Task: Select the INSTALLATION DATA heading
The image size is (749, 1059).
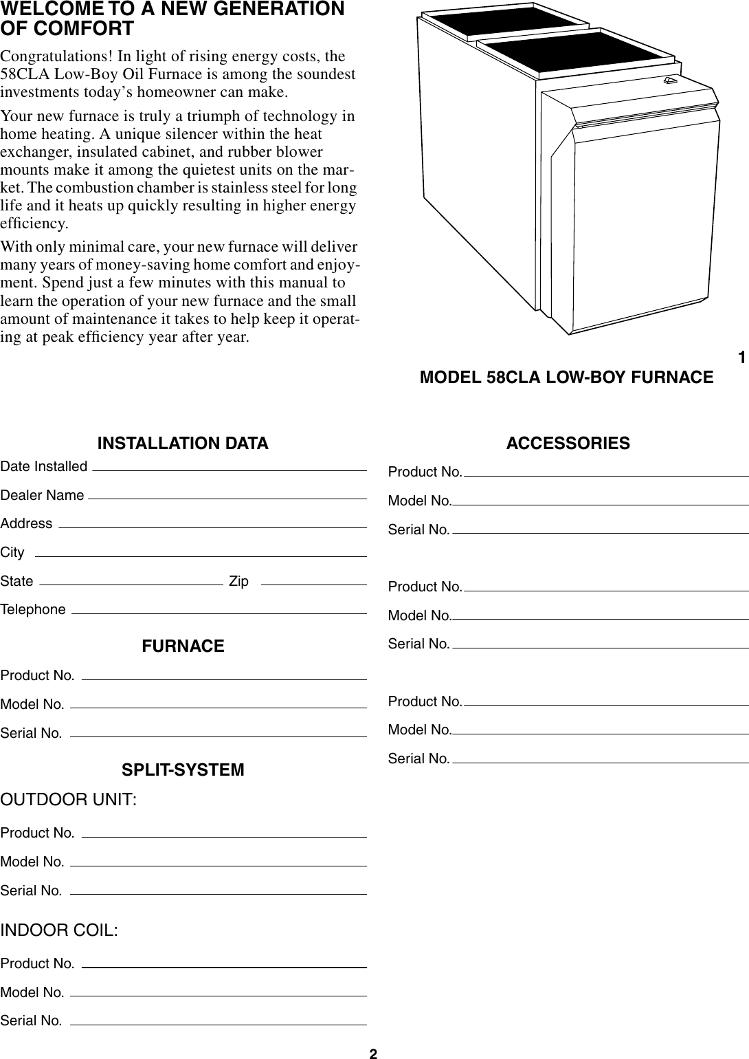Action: tap(183, 444)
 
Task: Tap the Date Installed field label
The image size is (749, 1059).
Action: tap(44, 467)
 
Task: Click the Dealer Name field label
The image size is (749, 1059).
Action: tap(43, 495)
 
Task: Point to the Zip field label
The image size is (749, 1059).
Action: tap(238, 581)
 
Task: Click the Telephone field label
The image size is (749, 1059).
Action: tap(34, 610)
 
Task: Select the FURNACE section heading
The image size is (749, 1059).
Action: tap(183, 646)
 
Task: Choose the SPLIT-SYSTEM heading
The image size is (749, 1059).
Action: tap(183, 770)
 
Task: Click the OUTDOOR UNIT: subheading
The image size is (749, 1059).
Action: tap(69, 800)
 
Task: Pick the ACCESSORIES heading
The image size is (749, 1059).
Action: tap(568, 444)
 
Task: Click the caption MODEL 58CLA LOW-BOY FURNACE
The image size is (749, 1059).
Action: tap(566, 378)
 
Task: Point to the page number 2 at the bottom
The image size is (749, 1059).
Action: tap(373, 1053)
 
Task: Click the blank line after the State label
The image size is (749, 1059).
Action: tap(131, 584)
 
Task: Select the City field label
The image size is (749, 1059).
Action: tap(12, 553)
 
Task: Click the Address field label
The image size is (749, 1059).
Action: tap(26, 524)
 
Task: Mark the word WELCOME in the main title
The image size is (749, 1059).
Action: tap(43, 10)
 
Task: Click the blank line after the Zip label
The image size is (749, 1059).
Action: tap(314, 584)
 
